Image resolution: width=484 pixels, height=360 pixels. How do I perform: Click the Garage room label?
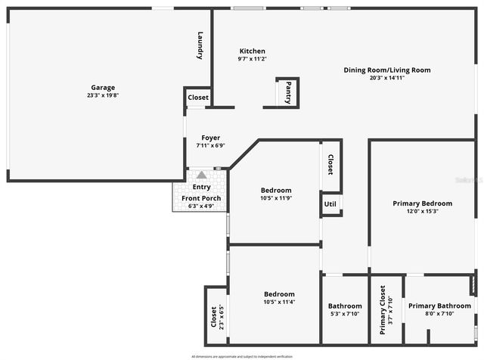tap(103, 87)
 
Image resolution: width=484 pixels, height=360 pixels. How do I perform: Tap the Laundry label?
tap(200, 45)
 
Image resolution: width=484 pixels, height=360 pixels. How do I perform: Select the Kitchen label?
tap(252, 51)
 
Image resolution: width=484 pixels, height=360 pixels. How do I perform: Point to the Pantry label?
tap(288, 92)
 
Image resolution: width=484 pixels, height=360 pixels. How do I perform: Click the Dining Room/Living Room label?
tap(387, 70)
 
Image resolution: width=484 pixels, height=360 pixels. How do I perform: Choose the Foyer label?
tap(210, 138)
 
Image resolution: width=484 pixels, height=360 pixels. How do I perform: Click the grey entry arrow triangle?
tap(201, 175)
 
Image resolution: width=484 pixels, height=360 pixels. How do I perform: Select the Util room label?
tap(330, 204)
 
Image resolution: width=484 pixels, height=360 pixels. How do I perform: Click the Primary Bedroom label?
tap(422, 203)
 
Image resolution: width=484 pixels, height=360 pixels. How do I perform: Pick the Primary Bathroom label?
tap(439, 306)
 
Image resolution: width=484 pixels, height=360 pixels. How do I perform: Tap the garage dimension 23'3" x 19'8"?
tap(103, 95)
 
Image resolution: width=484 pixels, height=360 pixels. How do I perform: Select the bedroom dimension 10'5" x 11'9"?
tap(275, 198)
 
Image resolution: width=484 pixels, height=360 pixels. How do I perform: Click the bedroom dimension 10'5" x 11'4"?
tap(279, 302)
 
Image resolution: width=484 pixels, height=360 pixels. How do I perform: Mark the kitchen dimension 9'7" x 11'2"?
tap(252, 59)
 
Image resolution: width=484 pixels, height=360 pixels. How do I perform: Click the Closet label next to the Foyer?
tap(198, 98)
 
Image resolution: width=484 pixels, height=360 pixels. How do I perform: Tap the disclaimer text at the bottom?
tap(242, 355)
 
